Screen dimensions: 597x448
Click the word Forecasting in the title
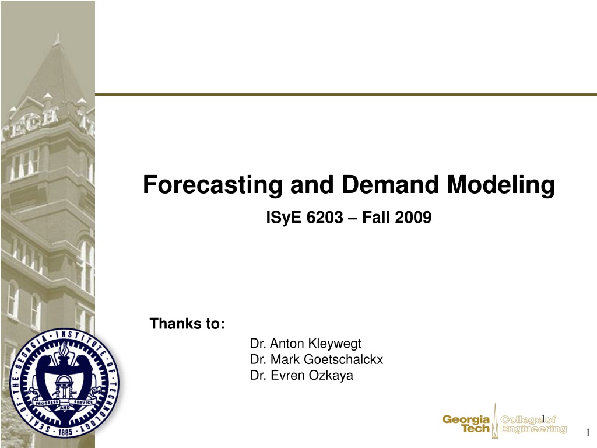point(212,185)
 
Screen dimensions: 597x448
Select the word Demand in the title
point(390,184)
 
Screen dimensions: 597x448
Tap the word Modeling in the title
point(501,185)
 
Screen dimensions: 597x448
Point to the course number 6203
point(325,218)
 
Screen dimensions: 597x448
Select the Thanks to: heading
point(187,323)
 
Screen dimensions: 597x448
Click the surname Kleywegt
point(334,344)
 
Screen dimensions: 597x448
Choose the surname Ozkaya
point(331,376)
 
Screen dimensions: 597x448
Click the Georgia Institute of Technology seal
point(64,383)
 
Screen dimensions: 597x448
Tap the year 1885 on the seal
point(65,432)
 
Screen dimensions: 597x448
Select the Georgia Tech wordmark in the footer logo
point(466,423)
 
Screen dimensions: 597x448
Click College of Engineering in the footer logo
point(533,424)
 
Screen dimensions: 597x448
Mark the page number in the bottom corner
point(588,433)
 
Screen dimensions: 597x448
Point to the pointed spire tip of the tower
point(58,34)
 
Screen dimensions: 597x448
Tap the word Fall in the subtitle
point(376,218)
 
